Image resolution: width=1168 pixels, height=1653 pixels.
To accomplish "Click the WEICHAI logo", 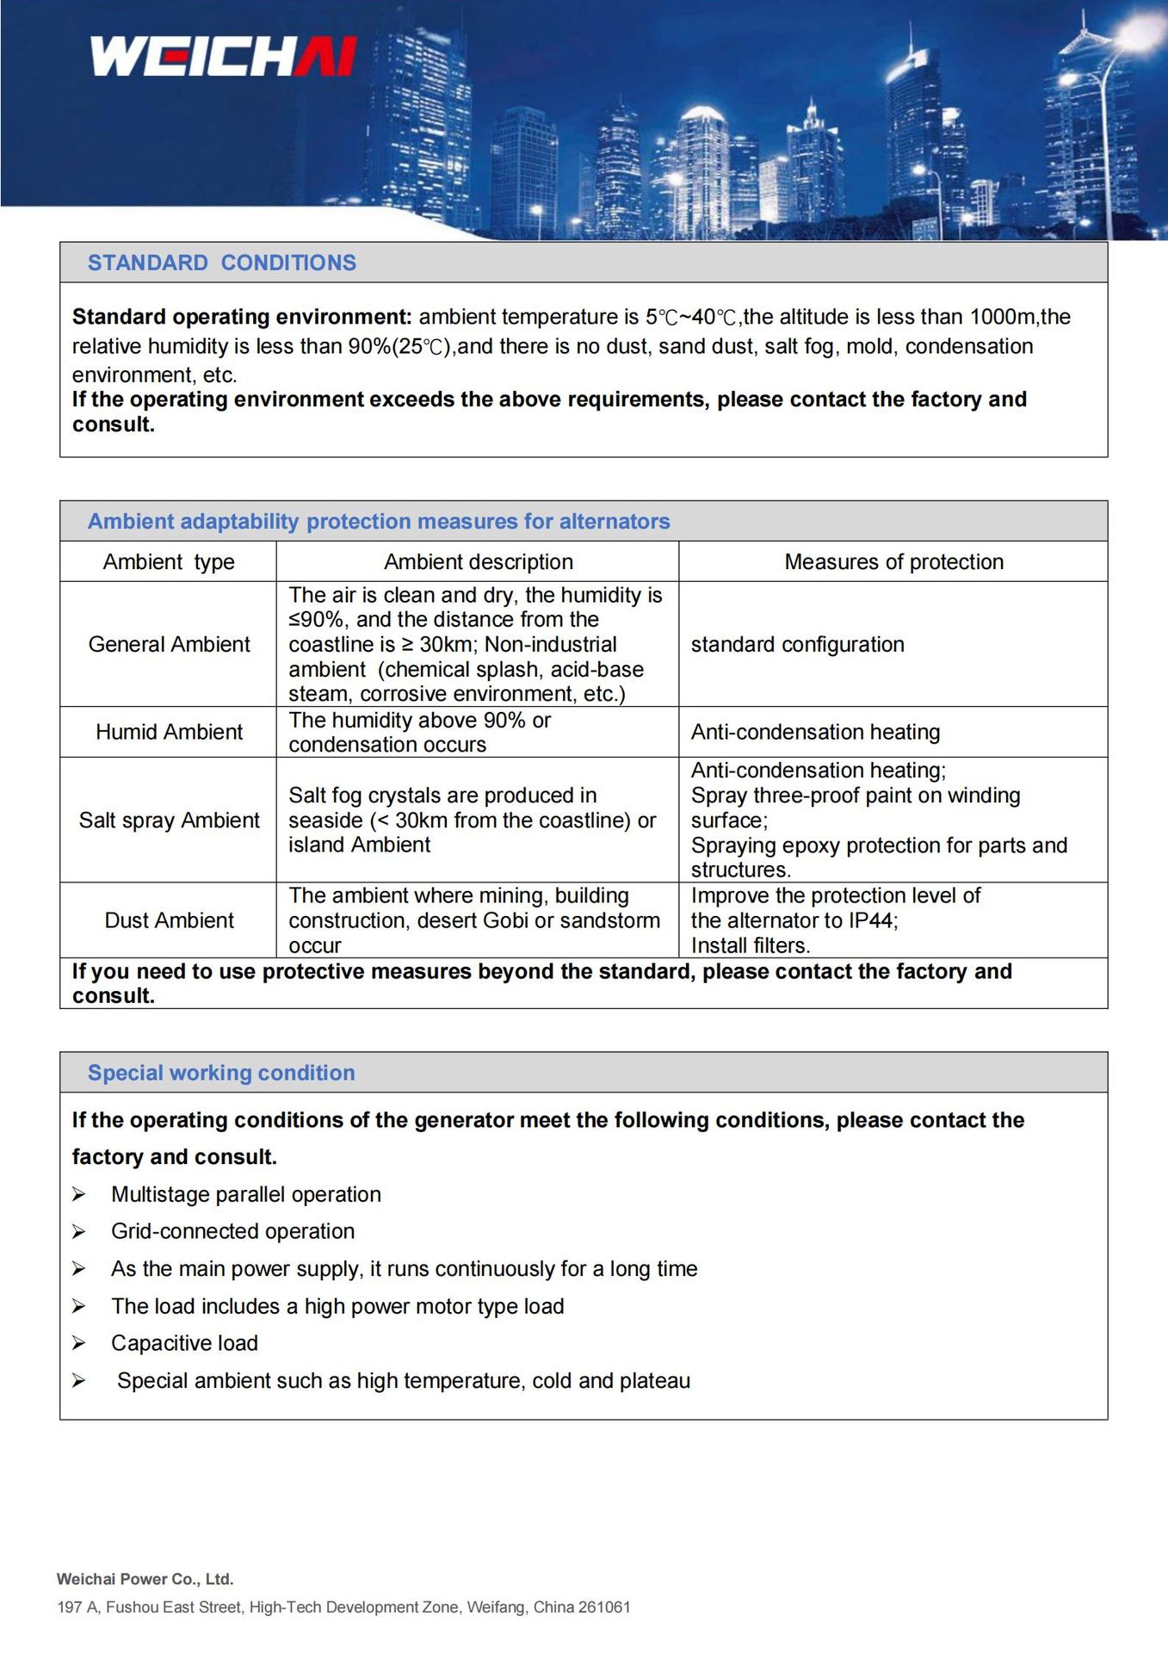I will coord(223,56).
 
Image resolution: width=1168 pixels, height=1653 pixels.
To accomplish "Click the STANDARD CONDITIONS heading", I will coord(221,263).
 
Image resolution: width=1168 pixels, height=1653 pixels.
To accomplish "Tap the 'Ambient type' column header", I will coord(169,562).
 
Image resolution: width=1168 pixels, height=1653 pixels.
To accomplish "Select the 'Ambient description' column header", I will coord(478,562).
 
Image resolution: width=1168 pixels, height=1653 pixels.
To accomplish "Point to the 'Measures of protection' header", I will coord(893,562).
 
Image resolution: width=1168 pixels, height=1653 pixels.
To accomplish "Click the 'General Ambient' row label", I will coord(169,645).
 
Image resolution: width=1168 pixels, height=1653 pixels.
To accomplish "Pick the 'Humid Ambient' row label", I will coord(169,732).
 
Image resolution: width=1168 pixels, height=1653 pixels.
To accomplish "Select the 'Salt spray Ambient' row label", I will coord(169,820).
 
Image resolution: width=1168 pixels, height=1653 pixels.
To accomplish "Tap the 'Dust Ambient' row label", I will coord(169,920).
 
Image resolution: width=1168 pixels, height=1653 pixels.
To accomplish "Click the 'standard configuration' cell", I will coord(797,645).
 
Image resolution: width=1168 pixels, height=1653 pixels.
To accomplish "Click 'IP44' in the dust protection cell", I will coord(870,920).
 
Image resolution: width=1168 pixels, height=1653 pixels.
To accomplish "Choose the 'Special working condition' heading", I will coord(221,1073).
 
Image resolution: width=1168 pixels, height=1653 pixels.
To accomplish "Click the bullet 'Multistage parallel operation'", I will coord(246,1195).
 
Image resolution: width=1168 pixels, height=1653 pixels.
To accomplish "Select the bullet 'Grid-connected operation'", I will coord(232,1232).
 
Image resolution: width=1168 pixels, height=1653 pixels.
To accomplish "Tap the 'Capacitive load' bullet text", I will coord(184,1344).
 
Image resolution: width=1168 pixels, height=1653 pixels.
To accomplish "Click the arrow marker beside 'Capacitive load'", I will coord(78,1344).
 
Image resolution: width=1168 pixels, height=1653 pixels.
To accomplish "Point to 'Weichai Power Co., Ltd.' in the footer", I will coord(145,1579).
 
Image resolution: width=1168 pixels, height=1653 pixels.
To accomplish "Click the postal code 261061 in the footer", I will coord(603,1607).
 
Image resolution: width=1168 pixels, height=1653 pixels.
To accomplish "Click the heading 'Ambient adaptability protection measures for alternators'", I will coord(379,522).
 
